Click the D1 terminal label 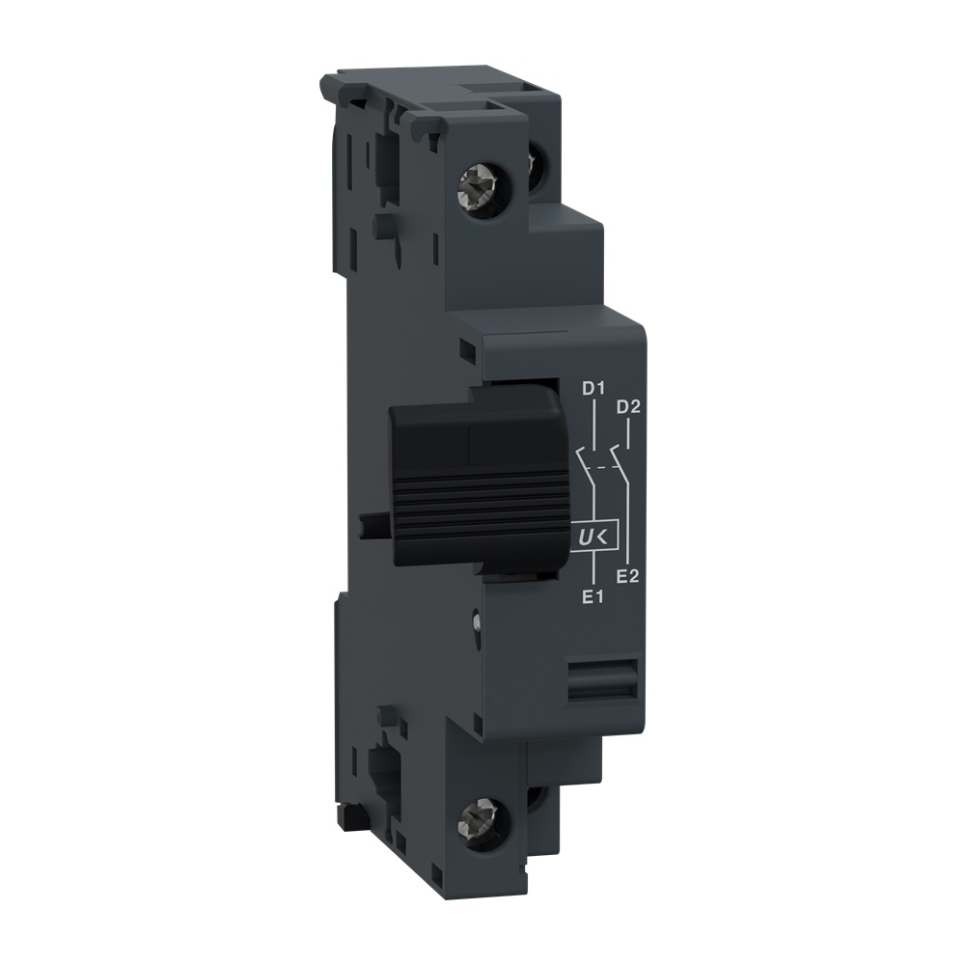coord(592,390)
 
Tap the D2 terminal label coord(628,405)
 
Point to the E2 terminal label coord(629,576)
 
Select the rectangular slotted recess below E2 coord(600,679)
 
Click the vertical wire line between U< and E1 coord(593,569)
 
